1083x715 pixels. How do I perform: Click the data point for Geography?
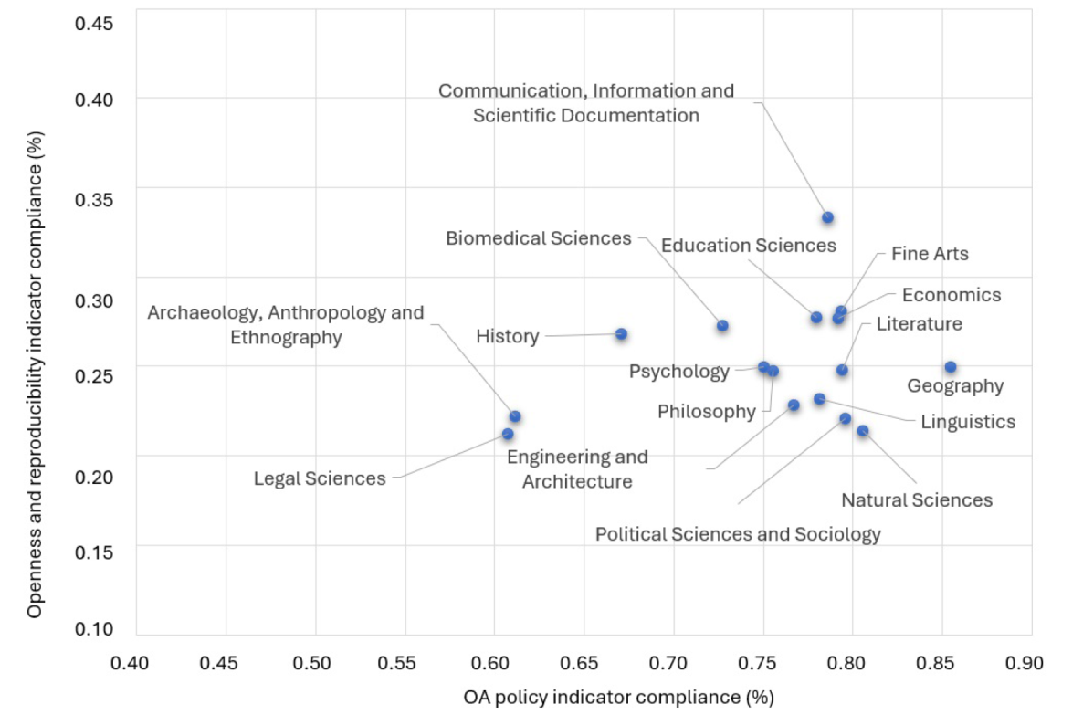point(951,367)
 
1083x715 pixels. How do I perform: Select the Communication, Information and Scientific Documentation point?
point(827,217)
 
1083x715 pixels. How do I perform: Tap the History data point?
point(621,334)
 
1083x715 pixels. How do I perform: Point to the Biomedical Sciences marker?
point(722,326)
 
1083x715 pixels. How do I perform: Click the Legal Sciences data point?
point(508,434)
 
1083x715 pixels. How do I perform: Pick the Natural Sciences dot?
point(863,431)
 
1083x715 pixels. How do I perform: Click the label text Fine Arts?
point(930,254)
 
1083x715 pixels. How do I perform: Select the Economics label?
point(952,295)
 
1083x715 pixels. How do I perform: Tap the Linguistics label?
point(968,422)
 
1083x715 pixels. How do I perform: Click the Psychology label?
point(679,372)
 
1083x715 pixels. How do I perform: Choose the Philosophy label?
point(707,412)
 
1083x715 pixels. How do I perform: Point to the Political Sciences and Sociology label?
point(738,534)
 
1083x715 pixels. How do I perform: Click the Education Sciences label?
point(749,246)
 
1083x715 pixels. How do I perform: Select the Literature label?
point(919,324)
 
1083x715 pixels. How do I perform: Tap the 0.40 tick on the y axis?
point(94,99)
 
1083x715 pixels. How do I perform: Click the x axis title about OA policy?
point(618,698)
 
